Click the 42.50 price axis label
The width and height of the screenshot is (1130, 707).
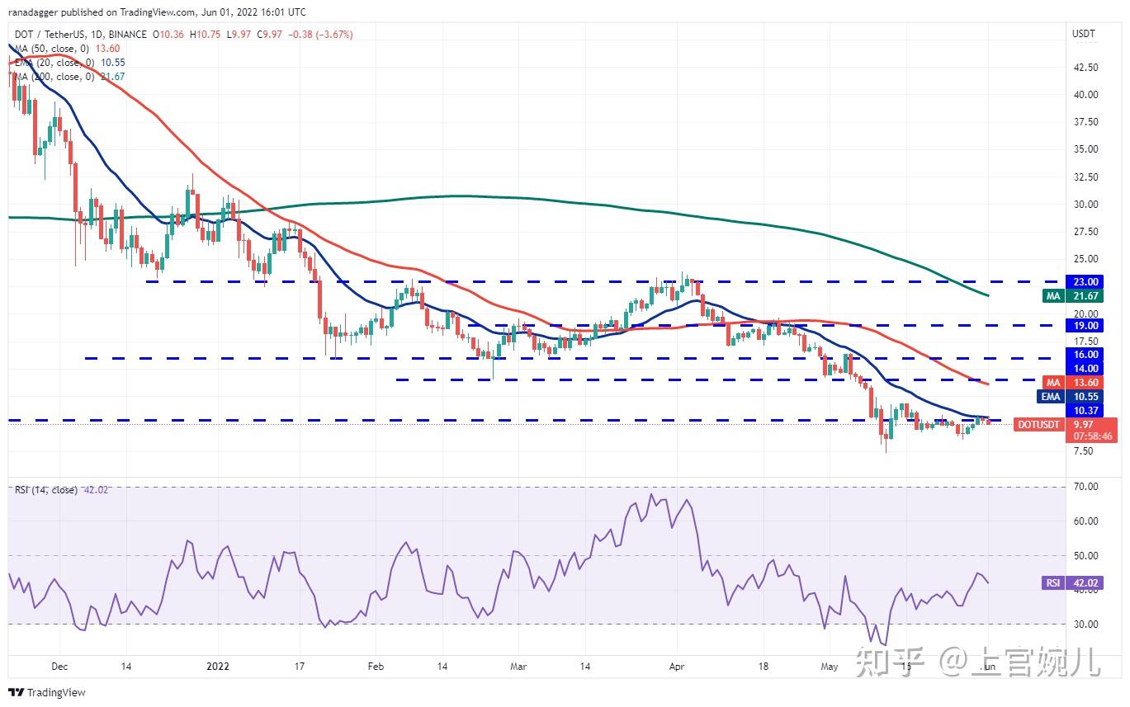(x=1085, y=67)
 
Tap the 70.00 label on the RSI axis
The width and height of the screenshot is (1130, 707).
(x=1085, y=487)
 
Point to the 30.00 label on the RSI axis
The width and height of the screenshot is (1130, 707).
(x=1085, y=624)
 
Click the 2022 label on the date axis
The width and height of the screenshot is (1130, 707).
(x=218, y=666)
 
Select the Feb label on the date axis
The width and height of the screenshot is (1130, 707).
(x=376, y=666)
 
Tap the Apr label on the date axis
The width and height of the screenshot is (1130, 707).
(x=677, y=666)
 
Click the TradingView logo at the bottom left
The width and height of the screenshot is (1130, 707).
(x=48, y=692)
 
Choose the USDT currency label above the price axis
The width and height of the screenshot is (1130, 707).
(x=1083, y=34)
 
